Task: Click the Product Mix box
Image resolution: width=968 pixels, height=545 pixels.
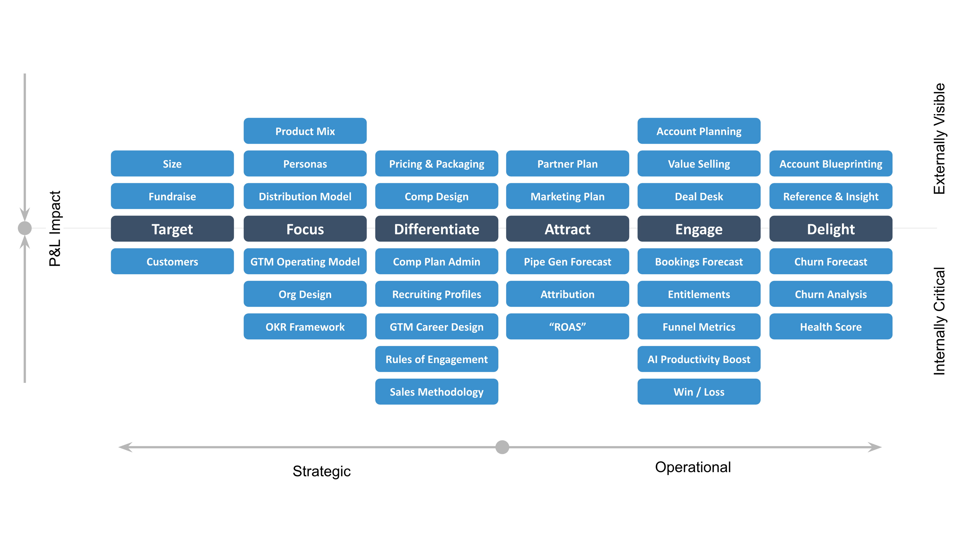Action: (305, 131)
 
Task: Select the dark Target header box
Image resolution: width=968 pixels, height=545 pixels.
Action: (172, 229)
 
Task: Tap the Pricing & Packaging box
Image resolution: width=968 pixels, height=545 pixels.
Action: (436, 163)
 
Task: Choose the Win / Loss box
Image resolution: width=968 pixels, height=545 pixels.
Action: (699, 392)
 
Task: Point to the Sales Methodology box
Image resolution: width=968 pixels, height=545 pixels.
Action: (436, 392)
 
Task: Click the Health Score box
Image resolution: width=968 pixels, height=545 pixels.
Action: (830, 326)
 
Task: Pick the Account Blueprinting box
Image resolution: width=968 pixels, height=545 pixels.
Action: (830, 163)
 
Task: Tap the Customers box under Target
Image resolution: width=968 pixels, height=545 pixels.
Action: (172, 261)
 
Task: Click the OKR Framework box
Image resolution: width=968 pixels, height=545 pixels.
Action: (305, 326)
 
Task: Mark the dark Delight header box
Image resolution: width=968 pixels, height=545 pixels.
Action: (830, 229)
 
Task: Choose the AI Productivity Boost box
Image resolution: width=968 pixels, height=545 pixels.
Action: (699, 359)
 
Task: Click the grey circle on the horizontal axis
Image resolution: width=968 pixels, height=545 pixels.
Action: (502, 447)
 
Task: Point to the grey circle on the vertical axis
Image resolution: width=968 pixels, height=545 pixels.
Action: (25, 228)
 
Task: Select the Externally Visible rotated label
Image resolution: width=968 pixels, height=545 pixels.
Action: (940, 139)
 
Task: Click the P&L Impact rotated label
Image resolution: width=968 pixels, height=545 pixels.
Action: (55, 229)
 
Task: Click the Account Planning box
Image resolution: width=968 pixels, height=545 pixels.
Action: (699, 131)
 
